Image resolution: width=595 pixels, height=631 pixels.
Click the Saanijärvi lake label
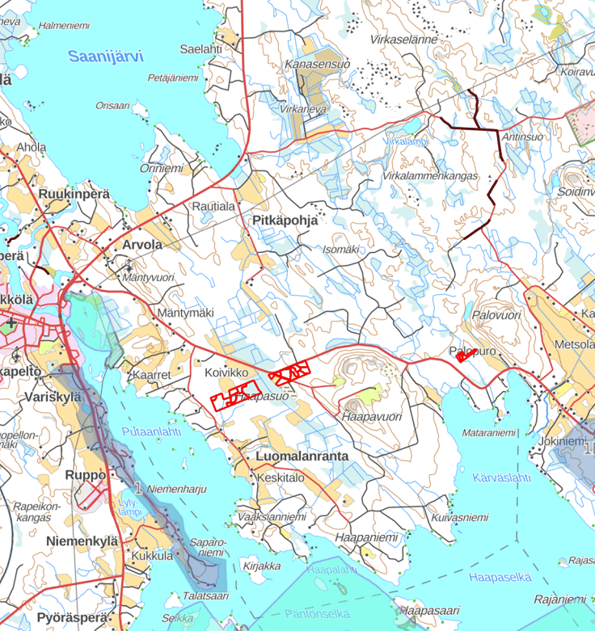(105, 57)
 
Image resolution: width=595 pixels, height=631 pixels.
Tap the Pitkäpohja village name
(285, 220)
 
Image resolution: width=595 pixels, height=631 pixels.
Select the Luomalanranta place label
(302, 456)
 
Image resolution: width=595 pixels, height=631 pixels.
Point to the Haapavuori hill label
(372, 417)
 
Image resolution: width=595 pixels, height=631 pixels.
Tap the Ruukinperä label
(73, 194)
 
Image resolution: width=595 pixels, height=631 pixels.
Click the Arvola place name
(141, 244)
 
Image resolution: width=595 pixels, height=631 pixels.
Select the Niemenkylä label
(82, 541)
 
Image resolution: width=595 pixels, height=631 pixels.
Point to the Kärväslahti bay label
(503, 477)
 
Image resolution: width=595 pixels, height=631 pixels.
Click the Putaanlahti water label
(151, 432)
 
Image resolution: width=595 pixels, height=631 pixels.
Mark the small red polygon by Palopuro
(463, 355)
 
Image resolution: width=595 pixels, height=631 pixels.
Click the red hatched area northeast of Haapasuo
(289, 373)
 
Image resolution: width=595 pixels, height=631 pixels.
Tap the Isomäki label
(340, 250)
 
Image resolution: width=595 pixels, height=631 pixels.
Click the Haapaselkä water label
(500, 577)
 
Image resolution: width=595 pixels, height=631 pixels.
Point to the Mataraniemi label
(489, 433)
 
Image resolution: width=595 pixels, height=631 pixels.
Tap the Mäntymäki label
(186, 313)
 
